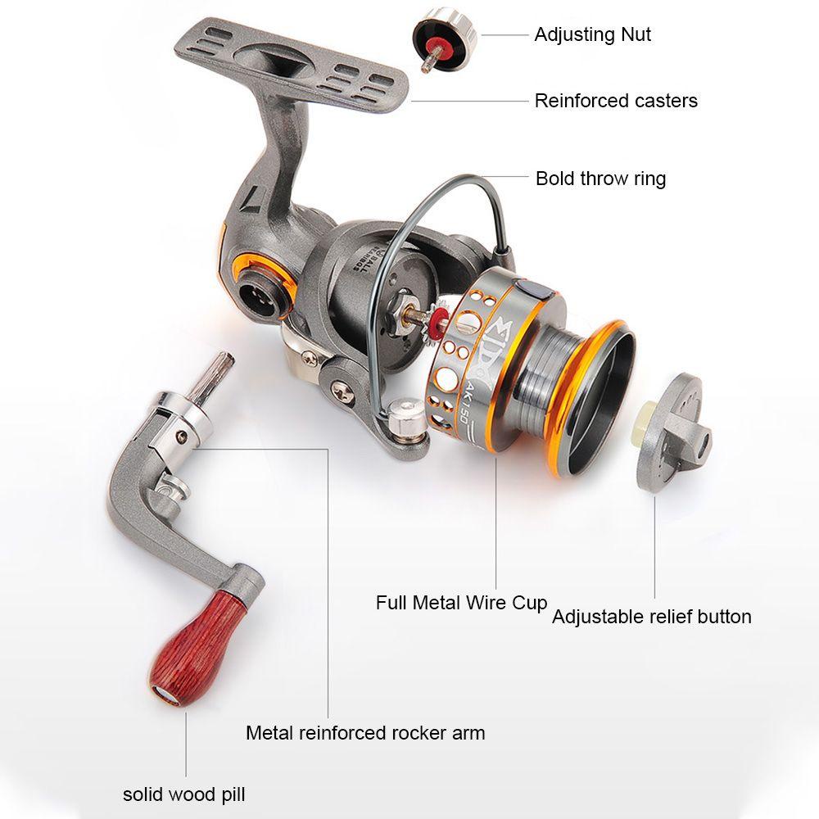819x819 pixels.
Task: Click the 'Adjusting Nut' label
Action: [592, 34]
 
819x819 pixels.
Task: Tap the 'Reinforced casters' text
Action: [616, 101]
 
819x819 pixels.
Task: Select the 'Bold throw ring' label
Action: [600, 179]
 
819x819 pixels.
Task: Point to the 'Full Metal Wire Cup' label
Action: [461, 603]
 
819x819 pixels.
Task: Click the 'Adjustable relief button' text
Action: [651, 617]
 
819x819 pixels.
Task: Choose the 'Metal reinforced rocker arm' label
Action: [365, 732]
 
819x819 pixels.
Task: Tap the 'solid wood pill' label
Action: [183, 794]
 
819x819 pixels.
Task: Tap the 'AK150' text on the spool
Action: [459, 397]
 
